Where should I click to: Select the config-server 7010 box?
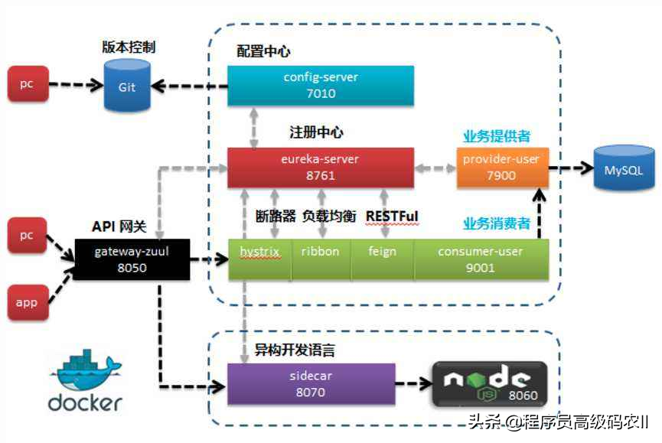[321, 86]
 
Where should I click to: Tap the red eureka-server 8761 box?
[321, 168]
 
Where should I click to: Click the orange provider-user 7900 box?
[501, 168]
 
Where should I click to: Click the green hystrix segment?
[259, 259]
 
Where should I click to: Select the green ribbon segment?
[320, 259]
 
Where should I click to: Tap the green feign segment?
[382, 259]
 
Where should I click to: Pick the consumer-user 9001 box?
[481, 259]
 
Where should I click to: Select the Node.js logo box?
[489, 383]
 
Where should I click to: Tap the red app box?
[27, 301]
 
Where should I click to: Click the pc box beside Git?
[27, 84]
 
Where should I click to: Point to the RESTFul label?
[393, 217]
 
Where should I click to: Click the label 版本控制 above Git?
[129, 47]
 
